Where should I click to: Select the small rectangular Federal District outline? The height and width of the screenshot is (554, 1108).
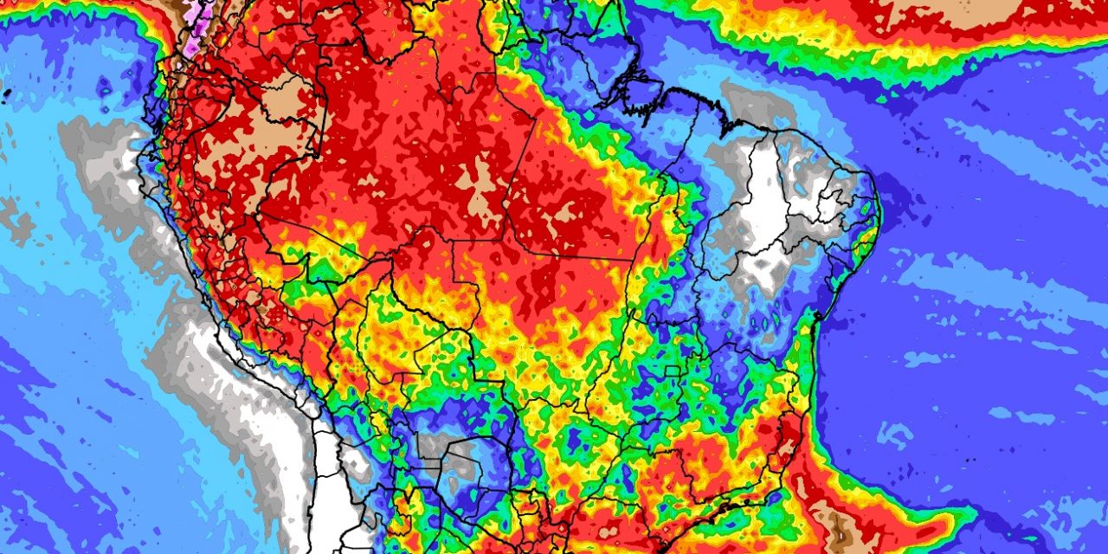point(671,372)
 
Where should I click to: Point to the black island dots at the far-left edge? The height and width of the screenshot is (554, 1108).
point(4,90)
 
